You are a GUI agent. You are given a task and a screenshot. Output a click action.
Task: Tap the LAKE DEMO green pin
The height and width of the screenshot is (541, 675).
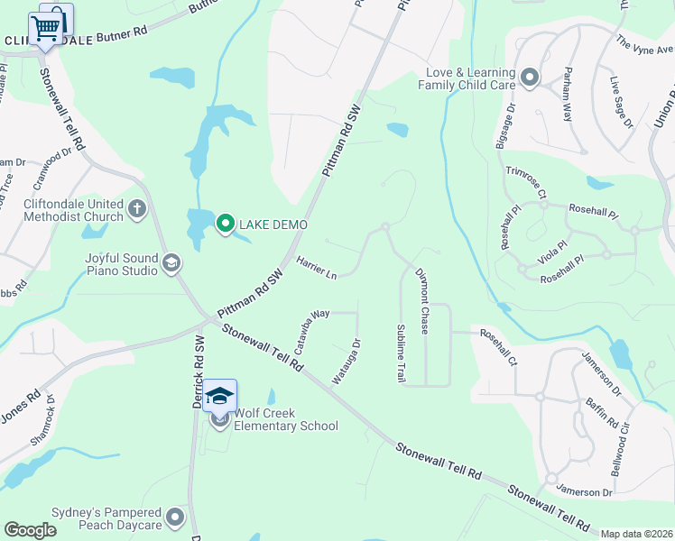(225, 224)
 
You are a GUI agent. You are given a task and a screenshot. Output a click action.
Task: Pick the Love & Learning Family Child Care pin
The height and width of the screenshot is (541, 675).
(530, 78)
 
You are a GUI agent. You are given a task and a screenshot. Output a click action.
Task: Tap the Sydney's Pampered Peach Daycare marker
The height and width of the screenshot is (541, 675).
(175, 518)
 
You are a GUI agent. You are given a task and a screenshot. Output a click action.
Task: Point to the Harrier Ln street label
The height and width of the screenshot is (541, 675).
(317, 268)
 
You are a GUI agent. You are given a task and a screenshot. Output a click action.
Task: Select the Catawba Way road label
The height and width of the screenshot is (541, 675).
(308, 326)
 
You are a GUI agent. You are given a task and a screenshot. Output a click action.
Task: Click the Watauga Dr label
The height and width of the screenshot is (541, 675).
(347, 362)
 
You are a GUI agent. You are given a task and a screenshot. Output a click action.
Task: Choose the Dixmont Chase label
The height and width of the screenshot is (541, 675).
(421, 301)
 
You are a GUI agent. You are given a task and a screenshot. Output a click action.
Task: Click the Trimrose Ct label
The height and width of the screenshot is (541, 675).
(526, 181)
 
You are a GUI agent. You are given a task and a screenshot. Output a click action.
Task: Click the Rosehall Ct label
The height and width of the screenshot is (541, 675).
(498, 347)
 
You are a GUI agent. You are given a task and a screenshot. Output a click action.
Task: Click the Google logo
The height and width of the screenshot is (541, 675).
(30, 530)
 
